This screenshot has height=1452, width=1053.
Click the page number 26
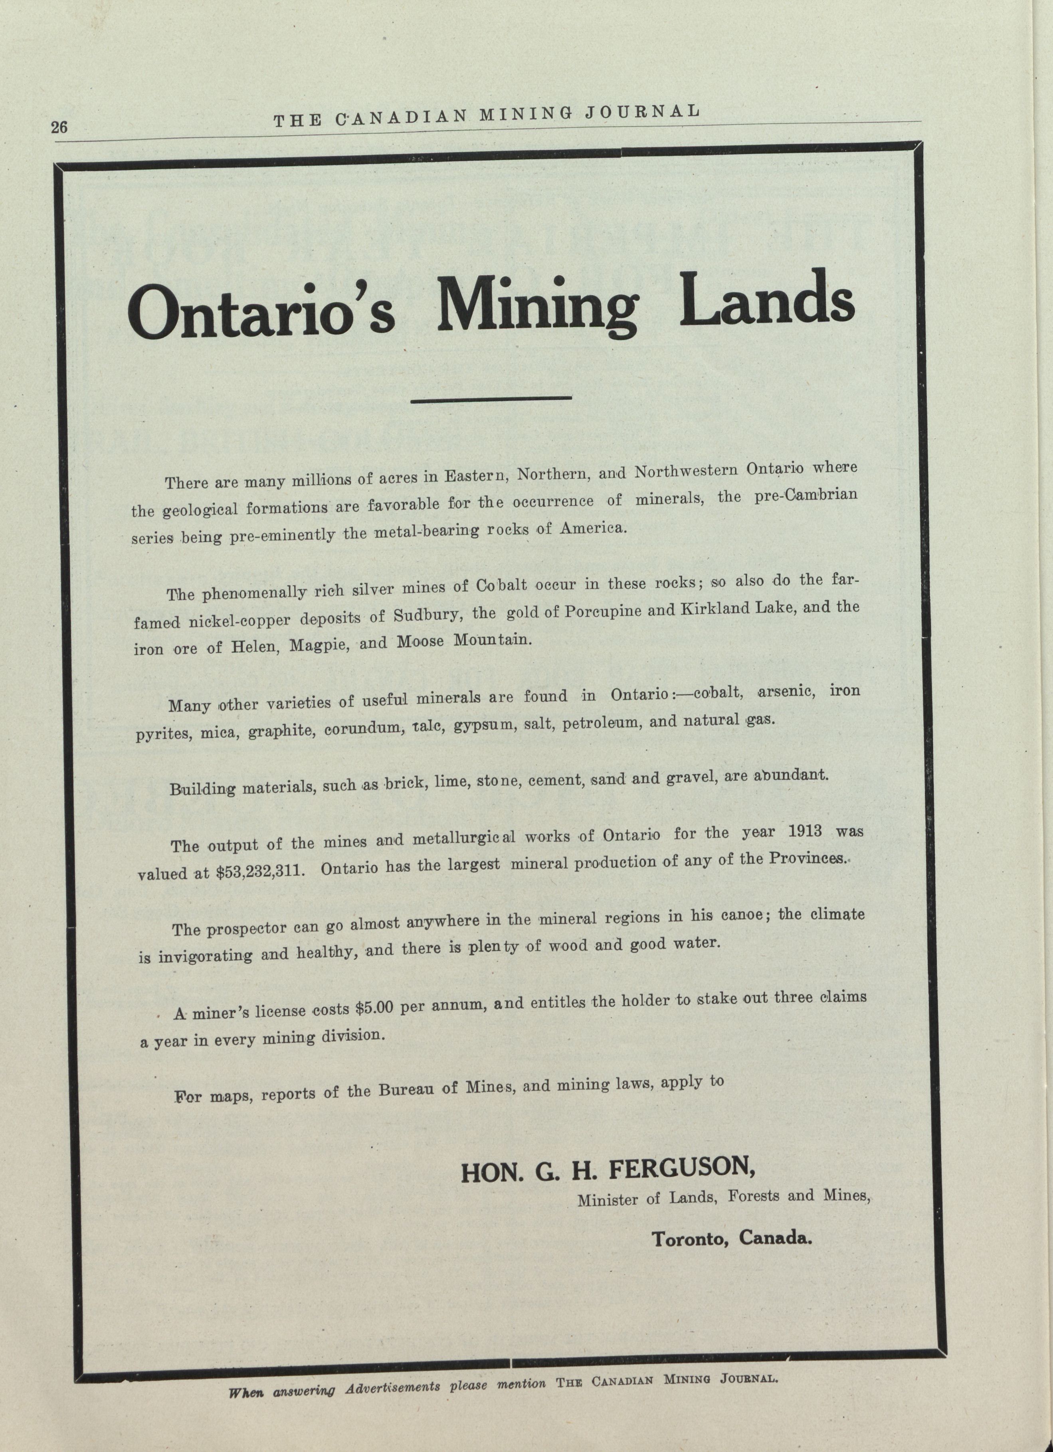click(59, 127)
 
